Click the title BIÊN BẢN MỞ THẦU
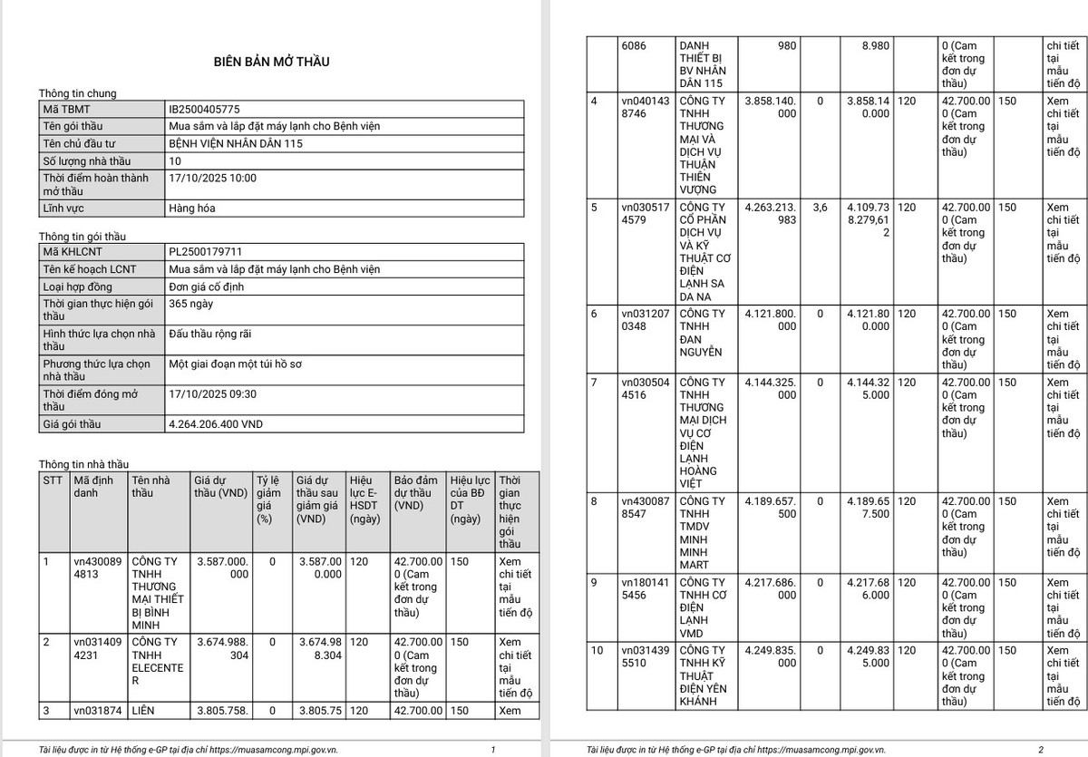pyautogui.click(x=271, y=62)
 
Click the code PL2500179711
pyautogui.click(x=205, y=252)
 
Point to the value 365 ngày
pyautogui.click(x=191, y=304)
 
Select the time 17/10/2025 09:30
pyautogui.click(x=213, y=394)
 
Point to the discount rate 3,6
pyautogui.click(x=820, y=208)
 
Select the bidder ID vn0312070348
pyautogui.click(x=647, y=320)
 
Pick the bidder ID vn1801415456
pyautogui.click(x=647, y=588)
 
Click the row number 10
pyautogui.click(x=597, y=651)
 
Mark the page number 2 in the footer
pyautogui.click(x=1041, y=750)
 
